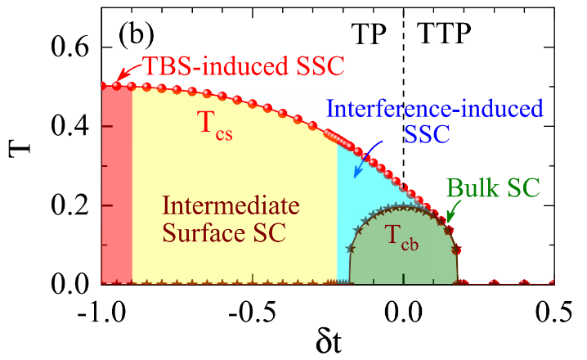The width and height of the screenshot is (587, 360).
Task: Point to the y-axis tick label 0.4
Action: coord(71,128)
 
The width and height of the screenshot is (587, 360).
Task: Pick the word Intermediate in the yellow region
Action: coord(223,204)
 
